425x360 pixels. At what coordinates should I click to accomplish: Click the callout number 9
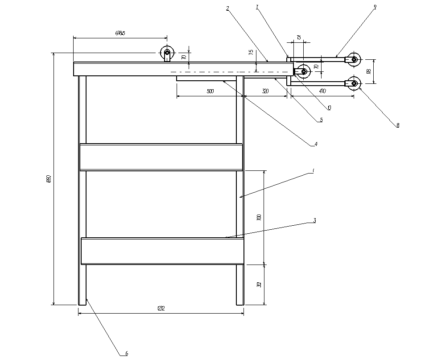(x=375, y=7)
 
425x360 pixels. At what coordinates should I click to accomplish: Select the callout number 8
(x=398, y=125)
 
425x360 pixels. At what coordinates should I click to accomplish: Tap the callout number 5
(x=321, y=120)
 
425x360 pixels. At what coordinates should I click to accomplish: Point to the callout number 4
(x=315, y=144)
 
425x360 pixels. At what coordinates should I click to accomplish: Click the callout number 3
(x=314, y=220)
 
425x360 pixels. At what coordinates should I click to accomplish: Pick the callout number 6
(x=126, y=353)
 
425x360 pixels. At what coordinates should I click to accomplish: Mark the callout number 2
(x=227, y=8)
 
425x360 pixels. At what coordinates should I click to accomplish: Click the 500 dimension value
(x=210, y=91)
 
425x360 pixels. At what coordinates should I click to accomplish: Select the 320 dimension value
(x=265, y=91)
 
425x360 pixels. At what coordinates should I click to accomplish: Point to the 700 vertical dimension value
(x=259, y=217)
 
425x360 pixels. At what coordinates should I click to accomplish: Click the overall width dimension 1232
(x=161, y=309)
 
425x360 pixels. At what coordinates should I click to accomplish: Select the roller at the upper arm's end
(x=354, y=59)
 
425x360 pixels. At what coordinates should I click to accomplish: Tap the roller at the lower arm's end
(x=354, y=83)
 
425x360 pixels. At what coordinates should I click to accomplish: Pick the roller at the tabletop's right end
(x=303, y=71)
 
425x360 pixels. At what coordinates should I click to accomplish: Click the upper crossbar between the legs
(x=161, y=157)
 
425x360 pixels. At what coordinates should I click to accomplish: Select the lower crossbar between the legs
(x=162, y=251)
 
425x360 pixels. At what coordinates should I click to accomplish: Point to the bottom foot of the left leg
(x=82, y=302)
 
